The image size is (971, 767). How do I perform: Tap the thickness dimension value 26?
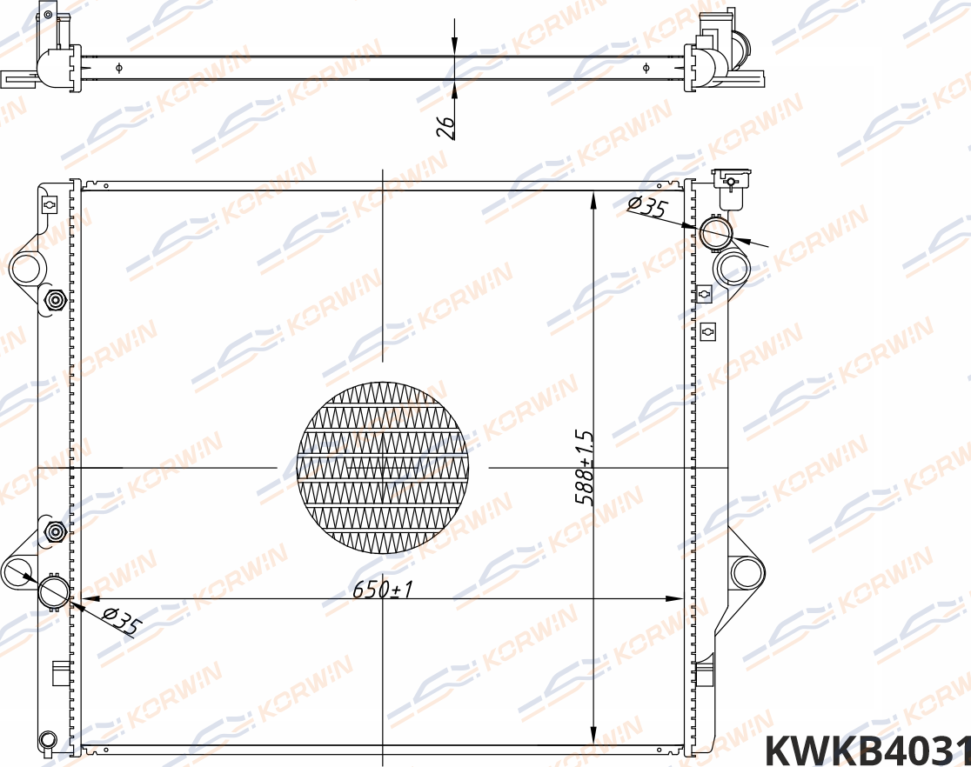(445, 128)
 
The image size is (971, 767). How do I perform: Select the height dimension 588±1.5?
(584, 468)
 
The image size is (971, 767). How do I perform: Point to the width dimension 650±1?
(382, 590)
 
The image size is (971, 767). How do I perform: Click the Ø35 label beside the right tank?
(646, 207)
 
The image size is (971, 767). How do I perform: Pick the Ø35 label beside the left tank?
(121, 621)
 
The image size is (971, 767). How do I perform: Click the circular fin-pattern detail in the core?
(383, 467)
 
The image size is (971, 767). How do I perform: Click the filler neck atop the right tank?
(727, 186)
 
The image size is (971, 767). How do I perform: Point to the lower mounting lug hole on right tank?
(747, 572)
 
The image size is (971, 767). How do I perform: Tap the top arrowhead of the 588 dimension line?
(593, 200)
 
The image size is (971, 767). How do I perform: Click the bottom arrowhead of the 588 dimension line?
(593, 736)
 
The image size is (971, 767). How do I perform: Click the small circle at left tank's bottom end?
(47, 740)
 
